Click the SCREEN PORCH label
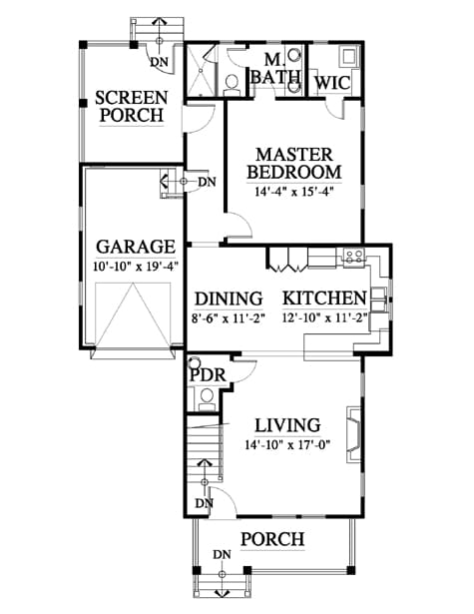132,107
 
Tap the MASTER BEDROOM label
294,164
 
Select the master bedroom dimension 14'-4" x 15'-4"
294,192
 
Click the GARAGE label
136,247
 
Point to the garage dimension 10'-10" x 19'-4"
136,267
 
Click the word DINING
229,299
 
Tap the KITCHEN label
324,299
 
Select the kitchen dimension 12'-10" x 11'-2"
325,317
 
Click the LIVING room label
287,425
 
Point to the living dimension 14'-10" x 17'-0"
288,445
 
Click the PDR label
208,375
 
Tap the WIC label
332,83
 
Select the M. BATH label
275,69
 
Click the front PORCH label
272,539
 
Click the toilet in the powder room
207,399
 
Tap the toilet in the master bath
233,85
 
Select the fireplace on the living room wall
353,434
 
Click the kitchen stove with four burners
354,257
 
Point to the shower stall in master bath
200,71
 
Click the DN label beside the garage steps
207,182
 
